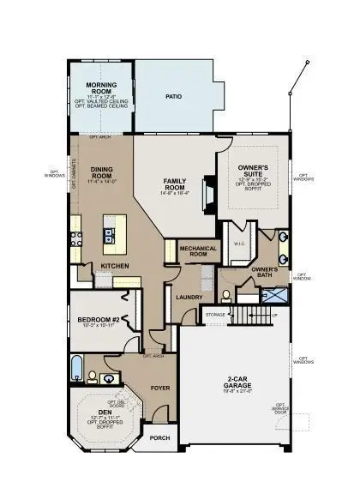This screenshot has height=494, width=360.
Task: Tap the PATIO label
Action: coord(174,96)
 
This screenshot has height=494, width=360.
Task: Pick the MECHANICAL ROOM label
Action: coord(194,250)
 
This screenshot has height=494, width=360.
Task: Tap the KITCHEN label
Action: coord(115,267)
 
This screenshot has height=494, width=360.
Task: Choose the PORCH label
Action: coord(160,437)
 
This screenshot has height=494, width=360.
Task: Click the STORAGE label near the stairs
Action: coord(214,315)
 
